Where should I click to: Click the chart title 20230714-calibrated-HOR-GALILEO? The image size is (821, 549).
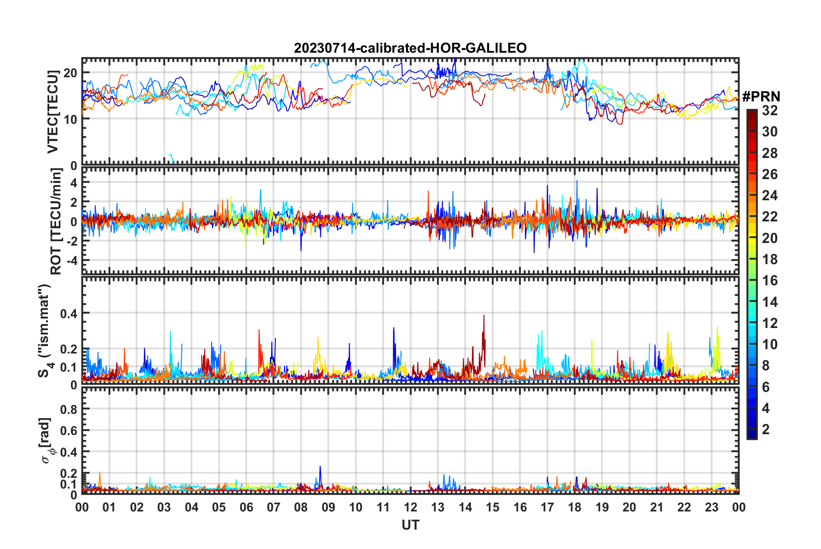(410, 48)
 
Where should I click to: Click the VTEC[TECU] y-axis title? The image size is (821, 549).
(53, 112)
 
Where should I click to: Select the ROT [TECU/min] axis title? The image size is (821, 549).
(56, 221)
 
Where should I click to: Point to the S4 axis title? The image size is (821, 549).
(45, 331)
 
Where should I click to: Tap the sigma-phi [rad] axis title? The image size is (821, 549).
(47, 440)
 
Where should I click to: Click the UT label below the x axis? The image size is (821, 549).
(410, 525)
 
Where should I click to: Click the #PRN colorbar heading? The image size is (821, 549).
(761, 96)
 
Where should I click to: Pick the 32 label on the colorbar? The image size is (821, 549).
(770, 110)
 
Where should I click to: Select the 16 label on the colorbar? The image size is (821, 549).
(770, 281)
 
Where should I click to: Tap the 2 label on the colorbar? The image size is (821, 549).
(766, 429)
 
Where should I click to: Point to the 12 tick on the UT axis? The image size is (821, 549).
(410, 507)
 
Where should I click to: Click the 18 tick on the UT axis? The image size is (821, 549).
(575, 507)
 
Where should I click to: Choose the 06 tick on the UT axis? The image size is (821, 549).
(246, 507)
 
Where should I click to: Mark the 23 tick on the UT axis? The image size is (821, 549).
(711, 507)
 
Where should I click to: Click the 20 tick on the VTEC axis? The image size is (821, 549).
(70, 73)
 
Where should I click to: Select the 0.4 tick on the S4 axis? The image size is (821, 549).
(69, 314)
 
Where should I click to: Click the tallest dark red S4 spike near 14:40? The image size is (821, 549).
(484, 316)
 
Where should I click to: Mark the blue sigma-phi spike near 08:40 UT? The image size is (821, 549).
(320, 467)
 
